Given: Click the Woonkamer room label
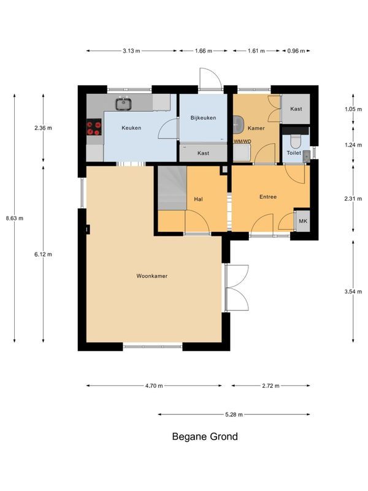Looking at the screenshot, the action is click(151, 276).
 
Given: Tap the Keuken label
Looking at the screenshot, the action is click(131, 128).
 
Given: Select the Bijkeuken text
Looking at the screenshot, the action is click(203, 118).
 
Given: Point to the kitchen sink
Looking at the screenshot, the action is click(124, 104).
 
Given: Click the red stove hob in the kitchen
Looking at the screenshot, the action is click(94, 127).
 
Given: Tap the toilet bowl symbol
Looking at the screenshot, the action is click(296, 142).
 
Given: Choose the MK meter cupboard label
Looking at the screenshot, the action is click(303, 221).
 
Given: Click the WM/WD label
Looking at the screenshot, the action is click(242, 142).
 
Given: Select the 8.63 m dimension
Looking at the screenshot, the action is click(14, 218).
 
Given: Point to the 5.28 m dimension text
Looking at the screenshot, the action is click(234, 415).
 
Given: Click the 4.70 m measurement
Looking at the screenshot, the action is click(154, 386).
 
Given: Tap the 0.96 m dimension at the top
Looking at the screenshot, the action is click(296, 51).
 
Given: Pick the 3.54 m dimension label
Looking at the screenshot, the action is click(353, 292).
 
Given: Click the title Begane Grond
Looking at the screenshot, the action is click(205, 436).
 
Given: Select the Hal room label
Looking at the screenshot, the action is click(198, 199).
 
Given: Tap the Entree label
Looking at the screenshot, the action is click(268, 196).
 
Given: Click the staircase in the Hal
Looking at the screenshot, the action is click(172, 188).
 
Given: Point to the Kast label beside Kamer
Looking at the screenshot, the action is click(296, 109).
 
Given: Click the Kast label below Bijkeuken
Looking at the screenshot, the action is click(204, 153).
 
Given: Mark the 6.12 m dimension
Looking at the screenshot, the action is click(43, 254).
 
